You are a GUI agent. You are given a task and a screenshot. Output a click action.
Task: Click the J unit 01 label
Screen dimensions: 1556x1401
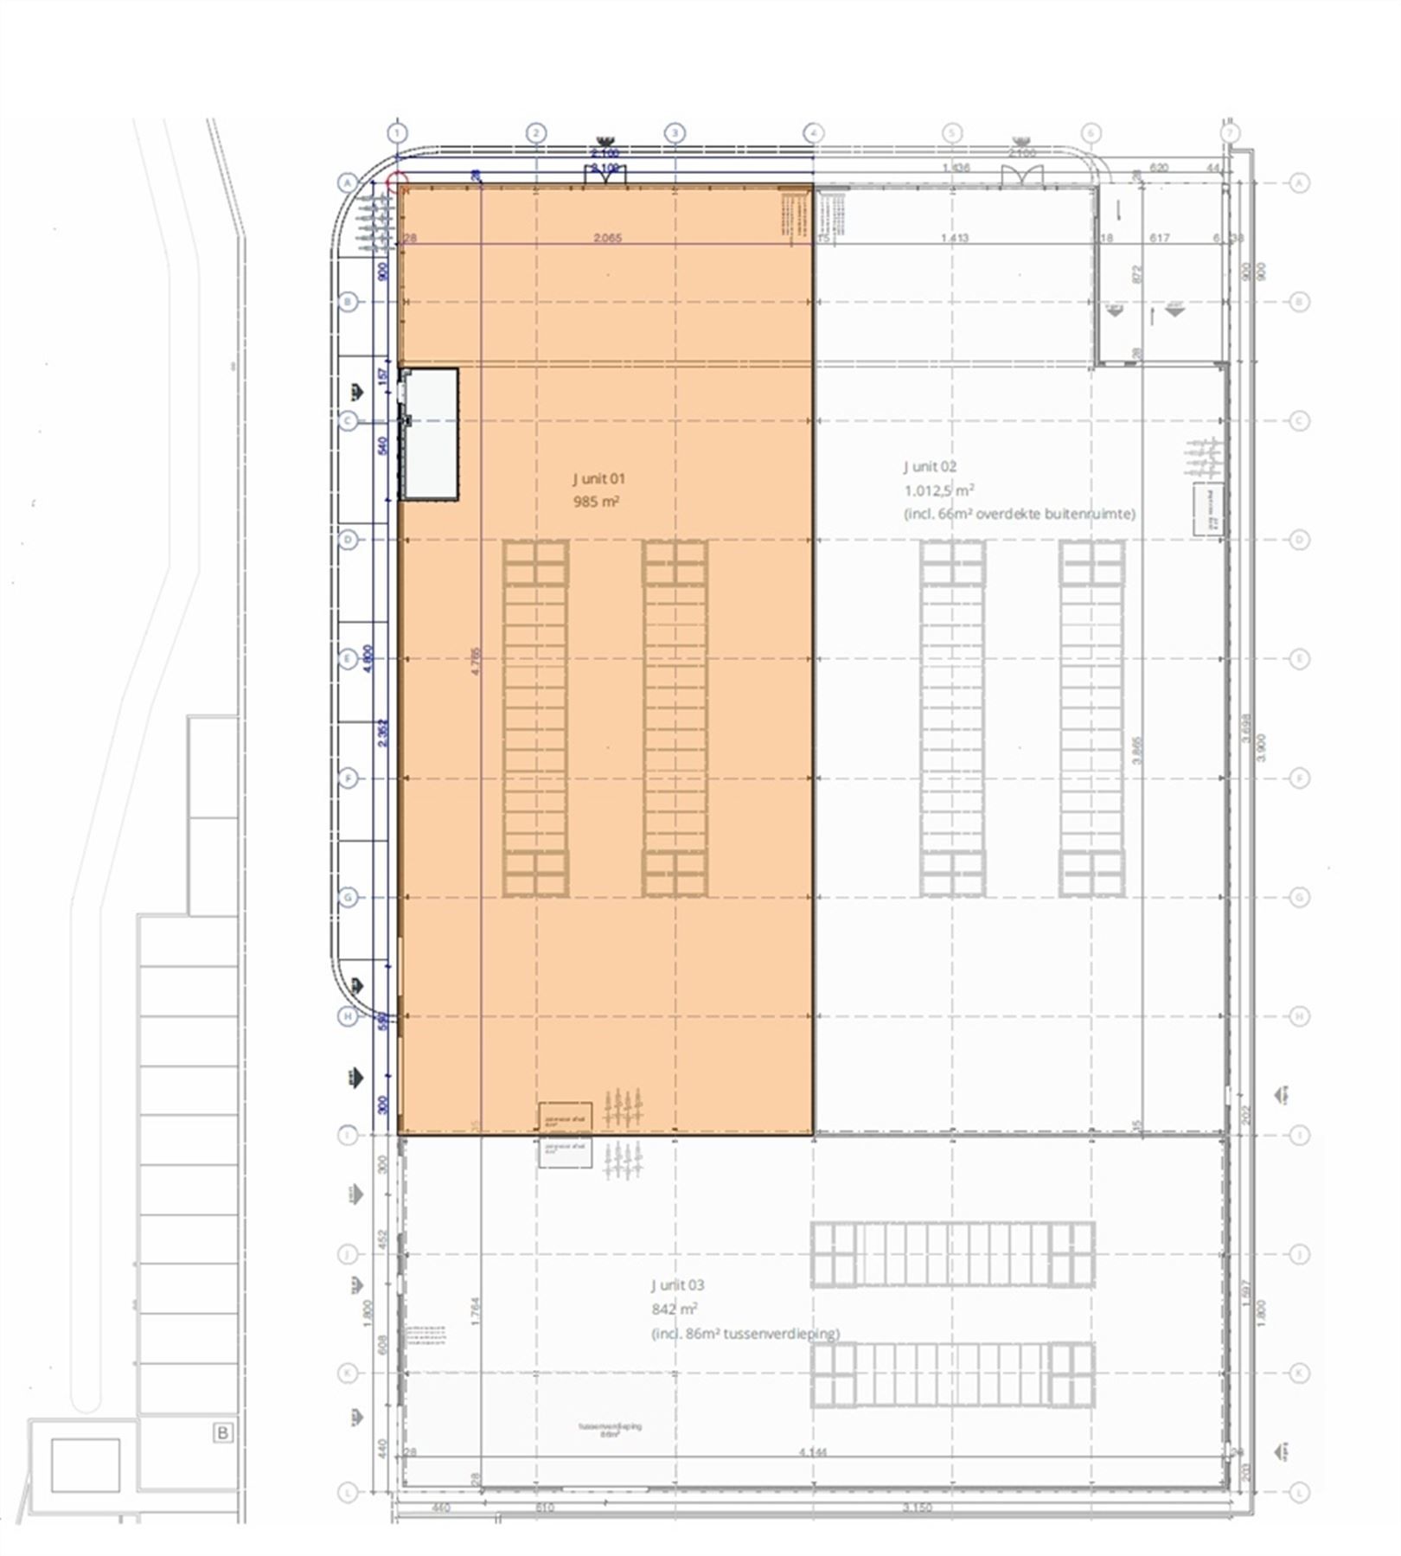pos(598,478)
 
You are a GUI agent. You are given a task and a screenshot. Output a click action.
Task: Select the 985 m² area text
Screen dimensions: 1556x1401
pos(596,502)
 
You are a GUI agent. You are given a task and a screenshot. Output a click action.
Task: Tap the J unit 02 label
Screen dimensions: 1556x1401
pos(930,467)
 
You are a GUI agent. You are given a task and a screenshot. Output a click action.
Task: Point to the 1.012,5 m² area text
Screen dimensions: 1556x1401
pos(940,490)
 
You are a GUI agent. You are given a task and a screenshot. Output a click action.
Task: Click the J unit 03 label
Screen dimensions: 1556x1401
pos(677,1285)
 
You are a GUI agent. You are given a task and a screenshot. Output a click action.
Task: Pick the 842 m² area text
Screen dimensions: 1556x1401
pos(675,1309)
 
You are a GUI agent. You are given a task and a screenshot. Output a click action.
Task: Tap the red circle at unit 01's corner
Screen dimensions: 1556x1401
pos(397,182)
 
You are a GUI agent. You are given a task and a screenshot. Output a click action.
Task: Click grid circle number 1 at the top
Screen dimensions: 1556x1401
pos(397,133)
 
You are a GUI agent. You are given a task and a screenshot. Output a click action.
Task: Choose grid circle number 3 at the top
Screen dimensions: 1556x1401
pos(675,133)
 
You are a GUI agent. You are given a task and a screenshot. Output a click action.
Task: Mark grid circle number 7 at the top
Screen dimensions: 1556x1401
pos(1229,133)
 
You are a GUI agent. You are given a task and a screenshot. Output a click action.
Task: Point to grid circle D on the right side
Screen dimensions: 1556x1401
pos(1299,540)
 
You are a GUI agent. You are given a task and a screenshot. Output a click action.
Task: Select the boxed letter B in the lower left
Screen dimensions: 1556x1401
pos(222,1432)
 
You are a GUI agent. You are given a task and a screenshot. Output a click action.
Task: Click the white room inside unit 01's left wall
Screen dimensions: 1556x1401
pos(430,433)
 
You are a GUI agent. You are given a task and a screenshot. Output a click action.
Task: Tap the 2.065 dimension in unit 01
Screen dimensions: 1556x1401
pos(607,238)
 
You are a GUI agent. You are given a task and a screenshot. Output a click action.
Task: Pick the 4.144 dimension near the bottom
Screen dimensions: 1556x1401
pos(813,1452)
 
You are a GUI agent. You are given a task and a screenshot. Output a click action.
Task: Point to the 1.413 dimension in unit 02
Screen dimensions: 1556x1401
pos(955,238)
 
